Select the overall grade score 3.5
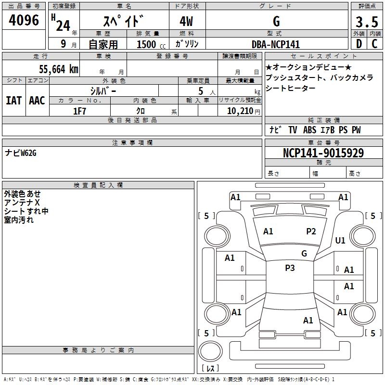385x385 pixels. [366, 22]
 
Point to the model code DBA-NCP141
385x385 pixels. [276, 44]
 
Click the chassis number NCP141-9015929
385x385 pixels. [323, 154]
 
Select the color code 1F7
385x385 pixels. [79, 111]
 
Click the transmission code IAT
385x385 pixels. [13, 101]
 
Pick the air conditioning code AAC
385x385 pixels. [37, 101]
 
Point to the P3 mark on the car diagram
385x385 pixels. [290, 268]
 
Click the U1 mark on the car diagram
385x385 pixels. [340, 240]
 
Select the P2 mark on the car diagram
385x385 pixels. [311, 231]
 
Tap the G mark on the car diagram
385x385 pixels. [304, 253]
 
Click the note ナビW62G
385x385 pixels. [21, 153]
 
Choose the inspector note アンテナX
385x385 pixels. [22, 203]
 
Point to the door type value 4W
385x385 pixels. [187, 22]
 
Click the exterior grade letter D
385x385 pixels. [359, 44]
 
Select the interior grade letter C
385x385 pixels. [375, 44]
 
